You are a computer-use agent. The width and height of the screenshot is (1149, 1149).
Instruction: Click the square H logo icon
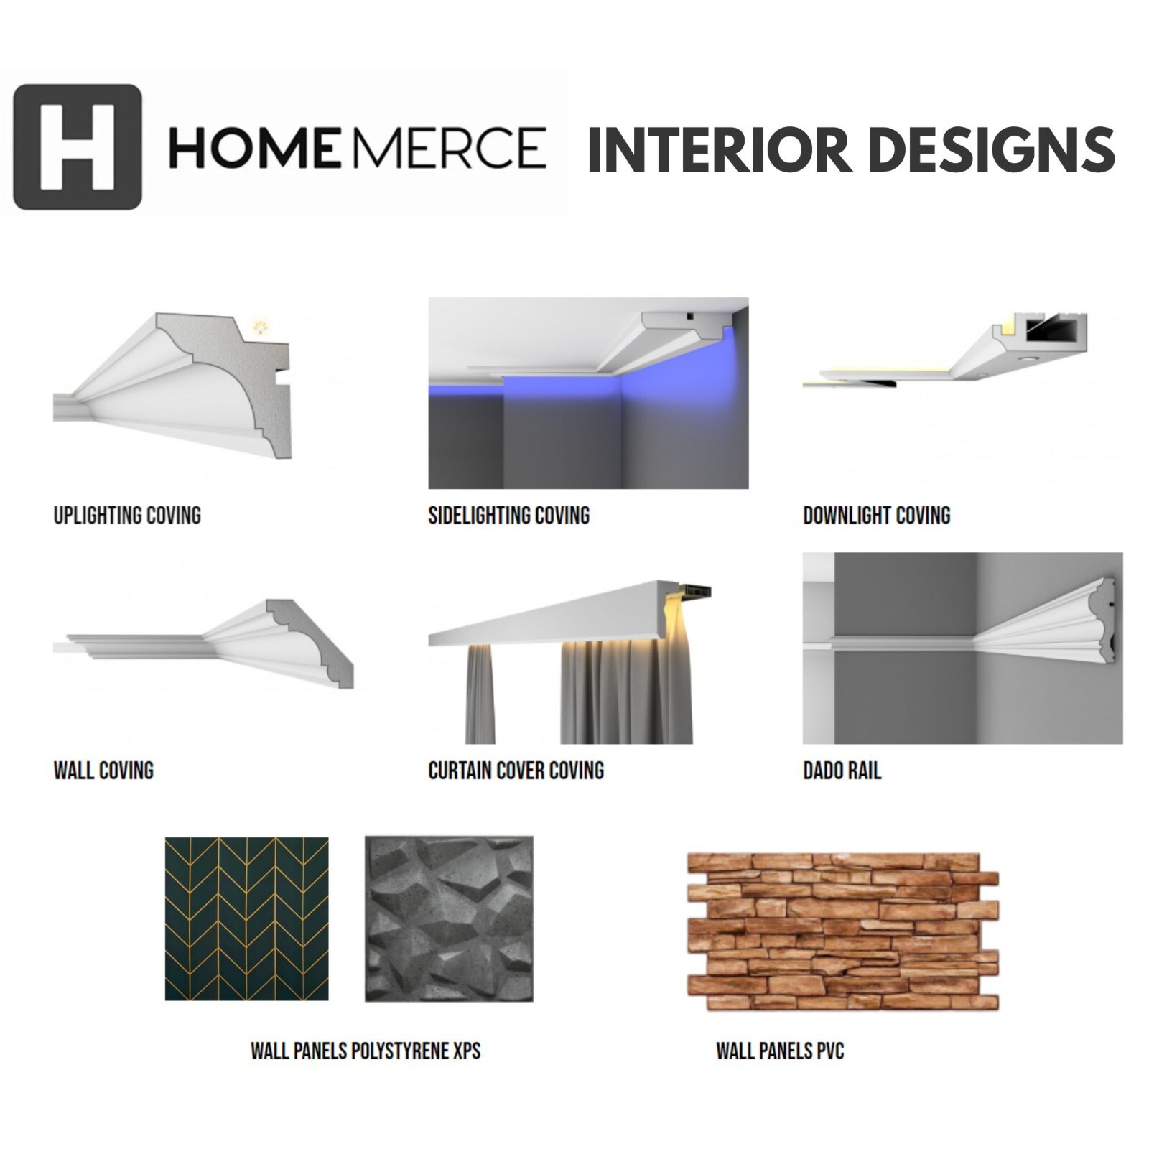[x=78, y=147]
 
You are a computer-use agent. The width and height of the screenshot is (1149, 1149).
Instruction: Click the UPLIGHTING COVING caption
[x=127, y=516]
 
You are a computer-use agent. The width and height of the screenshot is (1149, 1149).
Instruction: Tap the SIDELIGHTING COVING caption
[x=509, y=516]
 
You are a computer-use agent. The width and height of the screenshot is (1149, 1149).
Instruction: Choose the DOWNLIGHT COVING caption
[x=877, y=516]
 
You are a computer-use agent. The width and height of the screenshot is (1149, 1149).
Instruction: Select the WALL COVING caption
[x=103, y=771]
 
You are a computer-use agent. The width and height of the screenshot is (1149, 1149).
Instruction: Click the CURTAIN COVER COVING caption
[x=516, y=771]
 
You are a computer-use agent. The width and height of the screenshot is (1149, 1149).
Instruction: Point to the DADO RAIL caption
[x=842, y=771]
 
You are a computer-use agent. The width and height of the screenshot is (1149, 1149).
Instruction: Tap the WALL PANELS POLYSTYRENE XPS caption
[x=366, y=1051]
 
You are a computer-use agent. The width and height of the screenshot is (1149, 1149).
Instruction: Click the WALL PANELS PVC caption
[x=780, y=1051]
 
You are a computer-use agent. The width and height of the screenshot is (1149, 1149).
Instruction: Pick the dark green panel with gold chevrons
[x=246, y=918]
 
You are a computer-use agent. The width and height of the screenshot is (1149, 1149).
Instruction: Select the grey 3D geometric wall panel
[x=449, y=918]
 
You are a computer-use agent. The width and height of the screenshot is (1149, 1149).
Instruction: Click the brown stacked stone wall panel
[x=843, y=931]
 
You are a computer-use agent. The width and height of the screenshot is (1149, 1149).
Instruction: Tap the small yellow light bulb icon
[x=260, y=328]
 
